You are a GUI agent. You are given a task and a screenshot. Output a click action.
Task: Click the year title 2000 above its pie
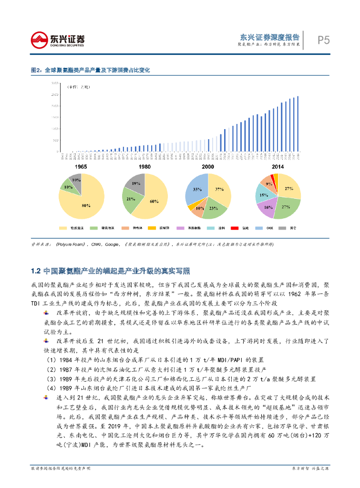pos(208,167)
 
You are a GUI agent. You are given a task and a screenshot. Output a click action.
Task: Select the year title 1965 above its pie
pos(81,167)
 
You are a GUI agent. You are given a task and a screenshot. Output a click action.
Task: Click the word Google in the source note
pos(113,244)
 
